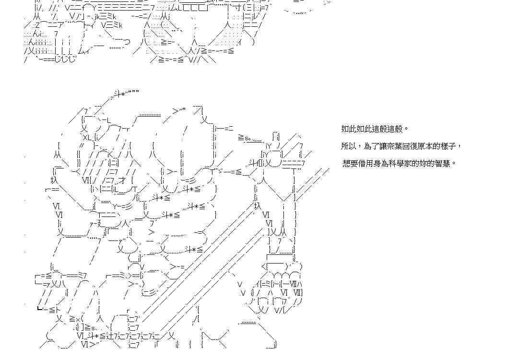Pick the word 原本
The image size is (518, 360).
[x=425, y=146]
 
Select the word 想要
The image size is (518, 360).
[x=350, y=163]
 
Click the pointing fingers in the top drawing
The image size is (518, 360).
[x=118, y=44]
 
